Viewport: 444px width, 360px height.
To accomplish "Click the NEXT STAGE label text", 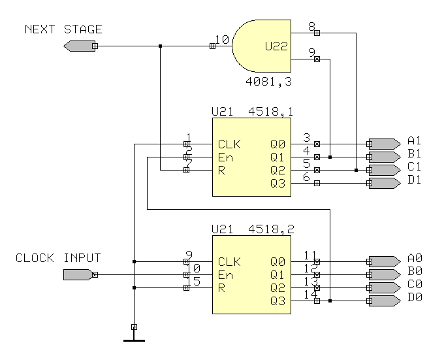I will [63, 29].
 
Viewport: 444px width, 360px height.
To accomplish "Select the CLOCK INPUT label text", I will [58, 258].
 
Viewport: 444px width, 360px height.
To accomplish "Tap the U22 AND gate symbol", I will [261, 46].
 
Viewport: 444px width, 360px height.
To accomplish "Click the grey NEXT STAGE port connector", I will [80, 46].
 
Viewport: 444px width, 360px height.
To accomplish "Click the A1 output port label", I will [415, 140].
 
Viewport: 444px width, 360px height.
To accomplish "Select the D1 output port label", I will [415, 180].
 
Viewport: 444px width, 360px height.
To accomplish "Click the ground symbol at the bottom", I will [134, 338].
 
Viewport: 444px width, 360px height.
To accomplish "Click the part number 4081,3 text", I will [268, 82].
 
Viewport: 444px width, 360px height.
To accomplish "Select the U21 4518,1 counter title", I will [252, 112].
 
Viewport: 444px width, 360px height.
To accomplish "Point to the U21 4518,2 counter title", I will [252, 229].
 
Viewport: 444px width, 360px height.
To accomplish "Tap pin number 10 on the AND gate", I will [222, 40].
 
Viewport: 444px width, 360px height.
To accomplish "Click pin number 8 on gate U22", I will [312, 26].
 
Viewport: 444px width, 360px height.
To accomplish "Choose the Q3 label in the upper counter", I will [277, 183].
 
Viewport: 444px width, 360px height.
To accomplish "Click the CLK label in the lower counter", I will [229, 262].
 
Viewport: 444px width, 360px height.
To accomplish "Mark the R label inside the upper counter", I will [222, 170].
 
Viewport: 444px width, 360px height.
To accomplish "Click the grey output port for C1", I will [384, 170].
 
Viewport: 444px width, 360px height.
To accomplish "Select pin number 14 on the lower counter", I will [311, 295].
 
